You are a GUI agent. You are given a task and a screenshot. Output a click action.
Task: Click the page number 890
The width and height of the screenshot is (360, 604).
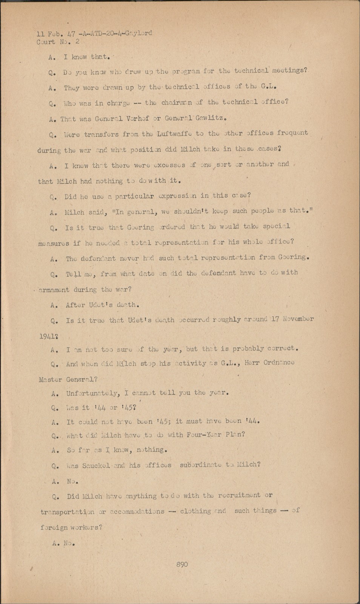(182, 564)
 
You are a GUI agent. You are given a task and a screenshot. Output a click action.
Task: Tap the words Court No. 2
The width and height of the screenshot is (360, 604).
(58, 42)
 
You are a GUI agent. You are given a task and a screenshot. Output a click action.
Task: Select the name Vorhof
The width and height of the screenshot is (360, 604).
(137, 118)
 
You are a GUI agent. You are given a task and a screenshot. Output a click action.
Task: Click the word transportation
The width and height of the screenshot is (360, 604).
(68, 512)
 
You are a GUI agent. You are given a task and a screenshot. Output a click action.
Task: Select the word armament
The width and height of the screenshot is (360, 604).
(54, 290)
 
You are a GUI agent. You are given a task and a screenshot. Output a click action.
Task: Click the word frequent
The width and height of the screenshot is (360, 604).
(292, 133)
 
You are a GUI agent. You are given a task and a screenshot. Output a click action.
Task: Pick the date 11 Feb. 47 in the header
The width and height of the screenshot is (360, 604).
(55, 34)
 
